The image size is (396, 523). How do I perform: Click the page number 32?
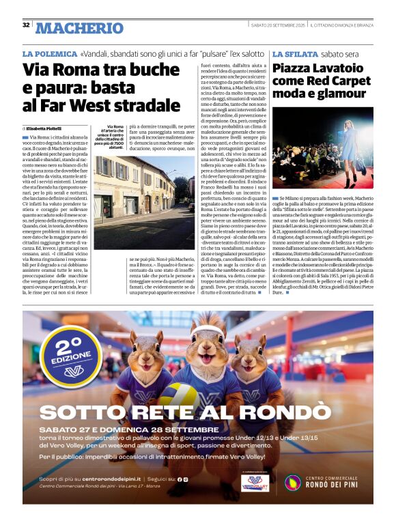point(26,25)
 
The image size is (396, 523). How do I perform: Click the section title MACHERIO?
point(79,28)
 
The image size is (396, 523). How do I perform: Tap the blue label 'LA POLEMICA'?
point(50,53)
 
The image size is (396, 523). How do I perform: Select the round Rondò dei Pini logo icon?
point(293,483)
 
